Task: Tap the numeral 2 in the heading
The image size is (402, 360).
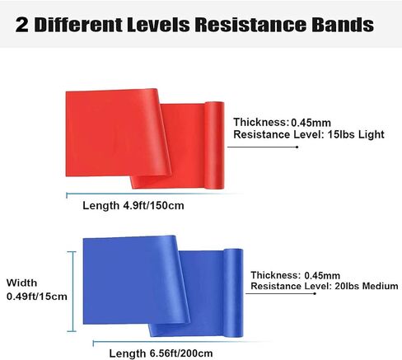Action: pos(22,25)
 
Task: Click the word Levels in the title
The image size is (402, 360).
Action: pos(158,25)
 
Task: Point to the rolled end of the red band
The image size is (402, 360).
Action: pos(214,145)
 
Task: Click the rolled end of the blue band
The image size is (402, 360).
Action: pos(233,292)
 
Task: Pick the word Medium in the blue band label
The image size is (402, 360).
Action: pos(381,286)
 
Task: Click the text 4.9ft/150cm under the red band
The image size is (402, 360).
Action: pos(153,205)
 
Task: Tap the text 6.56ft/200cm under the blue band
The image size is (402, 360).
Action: pos(181,353)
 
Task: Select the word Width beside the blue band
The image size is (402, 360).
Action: pos(21,283)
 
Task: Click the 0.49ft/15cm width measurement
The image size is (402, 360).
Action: pos(37,297)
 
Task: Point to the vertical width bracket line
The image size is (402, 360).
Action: pos(73,292)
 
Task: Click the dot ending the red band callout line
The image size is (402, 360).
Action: pos(297,147)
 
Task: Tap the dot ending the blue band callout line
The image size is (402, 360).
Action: pos(315,294)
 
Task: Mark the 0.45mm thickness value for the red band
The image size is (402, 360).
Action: pos(311,123)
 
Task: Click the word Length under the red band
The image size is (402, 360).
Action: pos(101,206)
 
